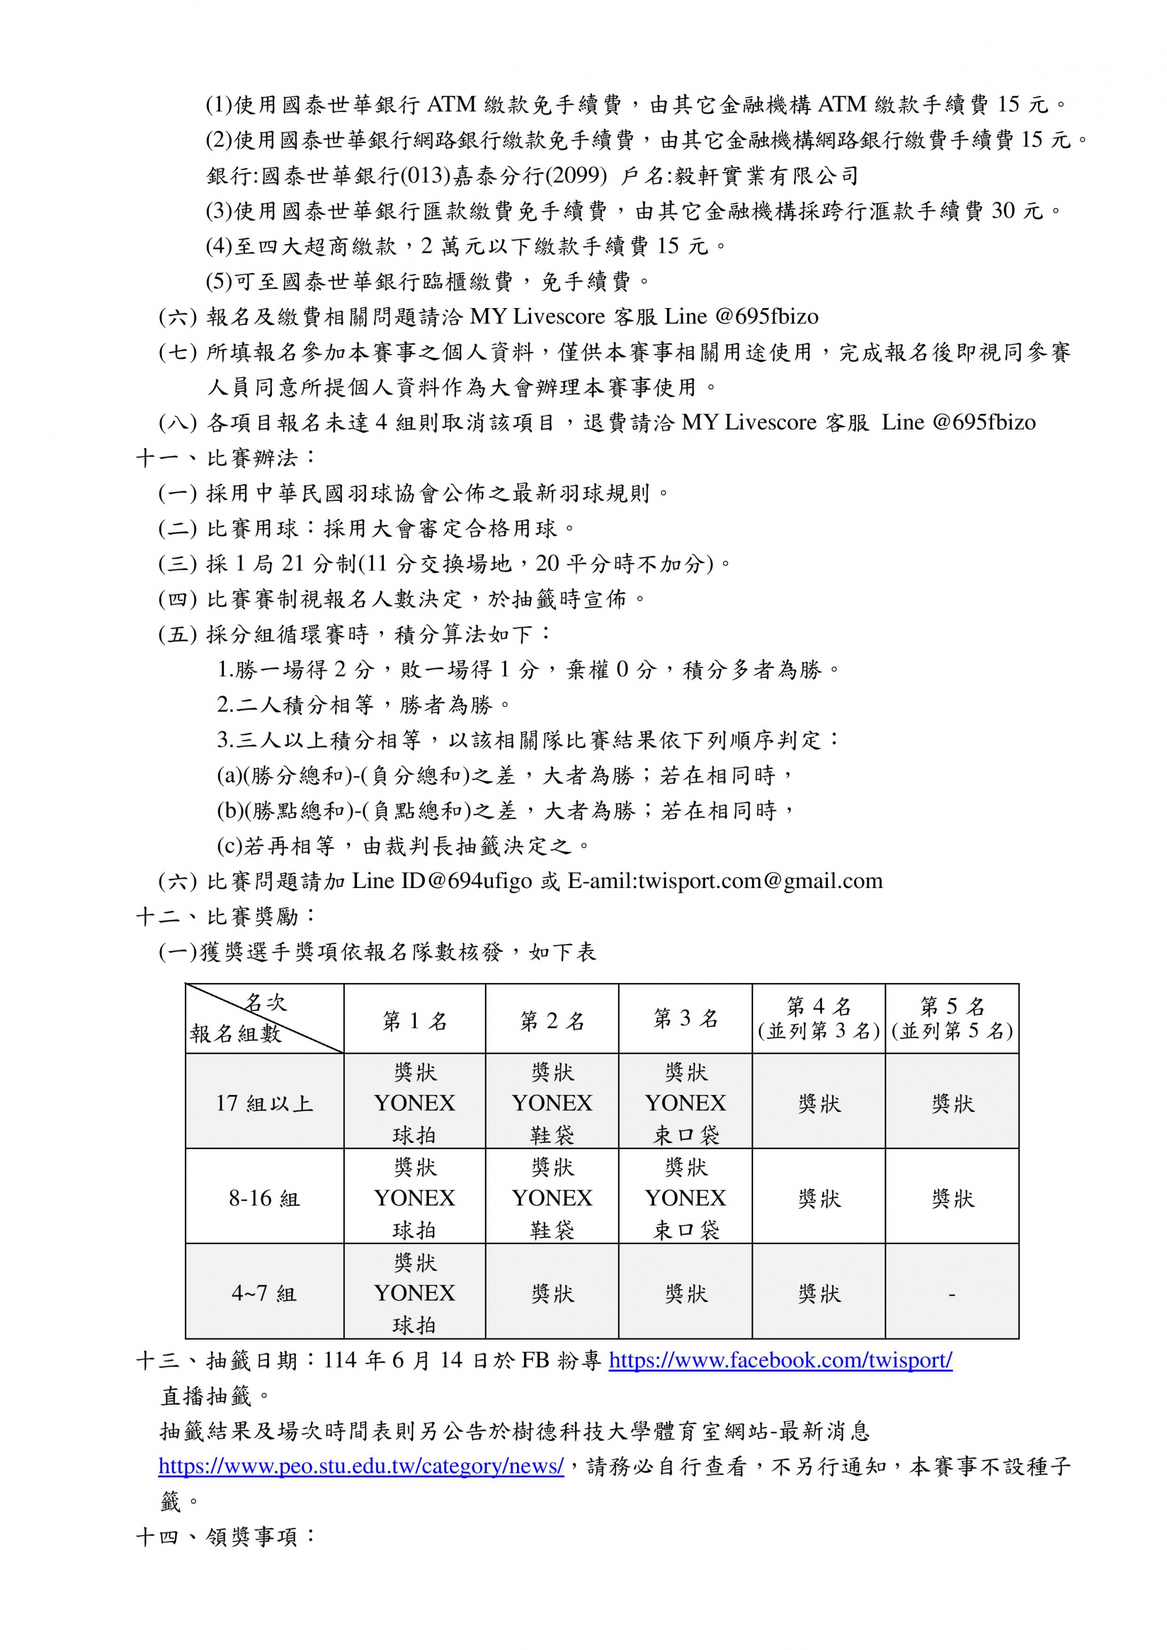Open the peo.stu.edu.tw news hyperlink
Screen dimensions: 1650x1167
pyautogui.click(x=361, y=1466)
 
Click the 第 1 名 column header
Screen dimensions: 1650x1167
pyautogui.click(x=415, y=1020)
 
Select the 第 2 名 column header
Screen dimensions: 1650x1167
pyautogui.click(x=552, y=1020)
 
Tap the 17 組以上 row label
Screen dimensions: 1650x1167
pyautogui.click(x=264, y=1103)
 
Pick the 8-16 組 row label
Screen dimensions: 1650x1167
pyautogui.click(x=264, y=1198)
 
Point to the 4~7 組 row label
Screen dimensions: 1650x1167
pyautogui.click(x=264, y=1294)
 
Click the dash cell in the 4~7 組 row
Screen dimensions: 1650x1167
pyautogui.click(x=952, y=1294)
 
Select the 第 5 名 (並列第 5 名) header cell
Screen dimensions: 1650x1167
pyautogui.click(x=952, y=1018)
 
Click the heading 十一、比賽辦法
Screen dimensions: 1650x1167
pyautogui.click(x=226, y=458)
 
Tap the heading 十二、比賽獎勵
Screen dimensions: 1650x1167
pyautogui.click(x=226, y=916)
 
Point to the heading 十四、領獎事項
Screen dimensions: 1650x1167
pyautogui.click(x=226, y=1536)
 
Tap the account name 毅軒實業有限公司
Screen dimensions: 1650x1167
pyautogui.click(x=767, y=176)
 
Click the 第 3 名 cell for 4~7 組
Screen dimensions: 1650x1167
pyautogui.click(x=686, y=1294)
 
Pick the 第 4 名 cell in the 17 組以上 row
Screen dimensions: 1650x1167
pyautogui.click(x=819, y=1103)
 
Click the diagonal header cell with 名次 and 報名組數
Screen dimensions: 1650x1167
pyautogui.click(x=264, y=1018)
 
